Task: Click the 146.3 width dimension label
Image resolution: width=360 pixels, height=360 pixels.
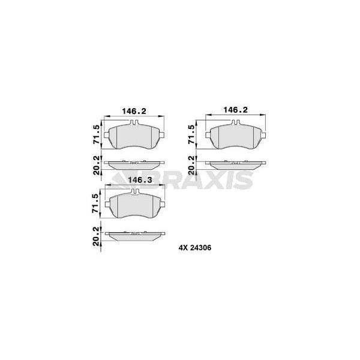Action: [x=140, y=180]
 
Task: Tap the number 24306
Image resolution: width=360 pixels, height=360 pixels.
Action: [x=200, y=248]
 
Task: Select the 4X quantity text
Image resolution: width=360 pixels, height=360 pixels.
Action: [x=182, y=248]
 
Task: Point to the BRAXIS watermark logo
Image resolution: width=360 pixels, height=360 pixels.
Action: [x=181, y=180]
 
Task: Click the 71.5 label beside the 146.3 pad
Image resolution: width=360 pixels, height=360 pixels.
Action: [x=95, y=203]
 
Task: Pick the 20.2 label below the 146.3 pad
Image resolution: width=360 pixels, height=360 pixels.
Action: [x=97, y=236]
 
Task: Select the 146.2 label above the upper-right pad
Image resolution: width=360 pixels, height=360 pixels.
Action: [x=236, y=110]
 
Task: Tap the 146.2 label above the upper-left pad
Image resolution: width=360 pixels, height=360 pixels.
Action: [x=134, y=111]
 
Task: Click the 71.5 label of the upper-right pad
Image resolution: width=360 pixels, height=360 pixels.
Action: [x=191, y=134]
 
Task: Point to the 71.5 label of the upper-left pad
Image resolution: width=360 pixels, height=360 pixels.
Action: [x=97, y=134]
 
